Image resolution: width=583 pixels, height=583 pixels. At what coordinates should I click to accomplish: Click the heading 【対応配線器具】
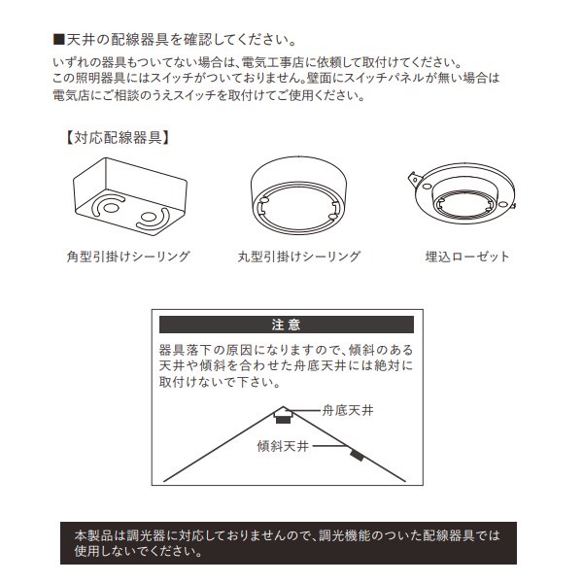coord(118,137)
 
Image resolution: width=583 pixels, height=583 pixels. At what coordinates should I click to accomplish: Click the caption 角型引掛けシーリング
coord(127,257)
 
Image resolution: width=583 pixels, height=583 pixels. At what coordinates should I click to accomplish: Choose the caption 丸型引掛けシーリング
coord(298,257)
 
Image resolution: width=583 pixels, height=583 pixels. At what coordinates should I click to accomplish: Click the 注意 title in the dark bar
coord(286,325)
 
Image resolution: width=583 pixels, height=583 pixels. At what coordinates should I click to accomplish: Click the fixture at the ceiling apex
coord(284,417)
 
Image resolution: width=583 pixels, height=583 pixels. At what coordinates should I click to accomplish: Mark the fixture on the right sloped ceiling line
coord(357,453)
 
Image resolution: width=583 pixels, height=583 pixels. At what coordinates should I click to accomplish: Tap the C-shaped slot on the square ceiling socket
coord(111,205)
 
